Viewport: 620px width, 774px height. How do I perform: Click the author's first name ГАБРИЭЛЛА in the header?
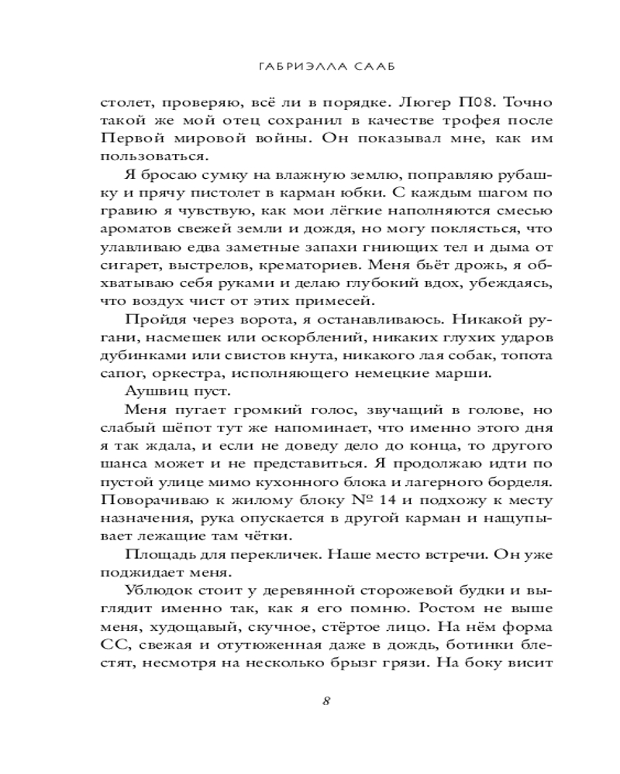pyautogui.click(x=291, y=67)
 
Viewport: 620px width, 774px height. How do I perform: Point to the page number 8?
pyautogui.click(x=326, y=701)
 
